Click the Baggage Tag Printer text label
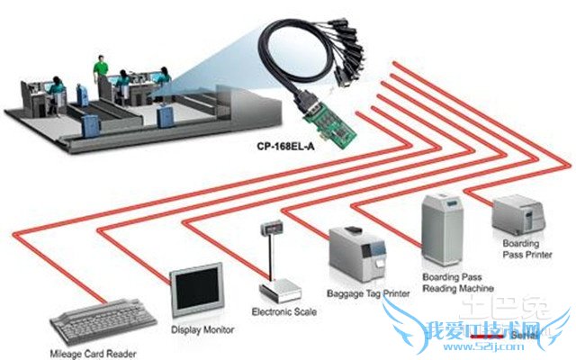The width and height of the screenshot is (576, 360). click(x=369, y=293)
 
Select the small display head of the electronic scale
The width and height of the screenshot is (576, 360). click(x=271, y=228)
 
